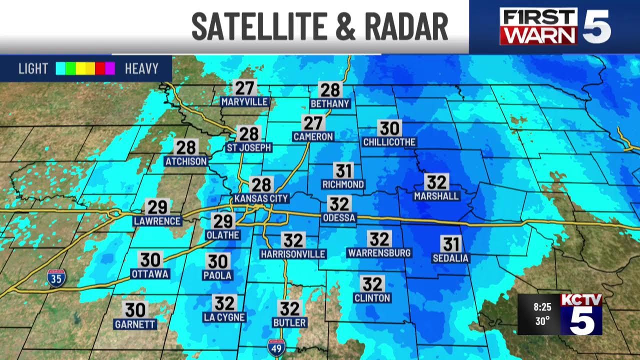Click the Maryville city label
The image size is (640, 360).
245,102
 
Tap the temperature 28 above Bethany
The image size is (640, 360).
330,90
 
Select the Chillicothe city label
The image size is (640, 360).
389,142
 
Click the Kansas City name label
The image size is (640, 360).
261,198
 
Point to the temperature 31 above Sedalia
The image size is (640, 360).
450,244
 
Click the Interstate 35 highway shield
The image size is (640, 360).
56,278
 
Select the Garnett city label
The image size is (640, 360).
135,324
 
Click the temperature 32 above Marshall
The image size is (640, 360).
436,182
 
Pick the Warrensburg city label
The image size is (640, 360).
379,253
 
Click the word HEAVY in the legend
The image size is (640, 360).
141,68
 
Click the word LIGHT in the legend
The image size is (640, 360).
33,68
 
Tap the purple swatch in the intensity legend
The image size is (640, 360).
110,68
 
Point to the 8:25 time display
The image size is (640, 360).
542,306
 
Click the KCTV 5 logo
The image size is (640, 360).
581,313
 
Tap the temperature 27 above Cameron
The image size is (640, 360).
313,123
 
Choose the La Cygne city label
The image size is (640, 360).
224,317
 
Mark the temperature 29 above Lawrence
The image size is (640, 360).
157,207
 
